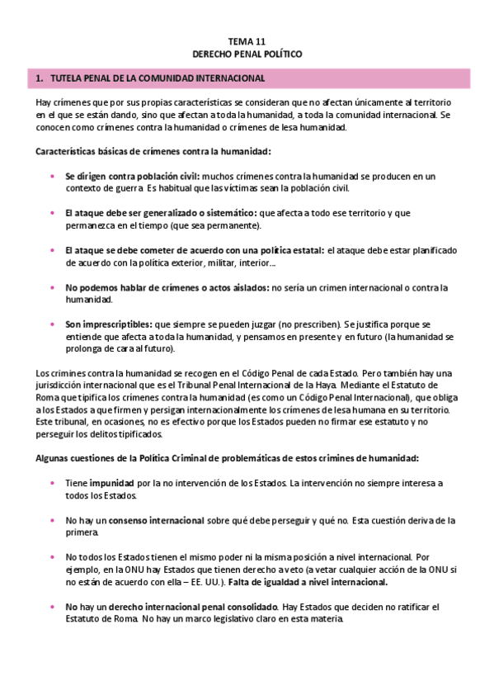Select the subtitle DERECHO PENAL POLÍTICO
click(247, 53)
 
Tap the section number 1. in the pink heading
click(40, 78)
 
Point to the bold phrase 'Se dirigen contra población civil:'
click(132, 176)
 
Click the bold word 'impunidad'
click(114, 484)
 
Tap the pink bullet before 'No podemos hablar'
click(54, 287)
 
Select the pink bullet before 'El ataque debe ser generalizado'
click(54, 213)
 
